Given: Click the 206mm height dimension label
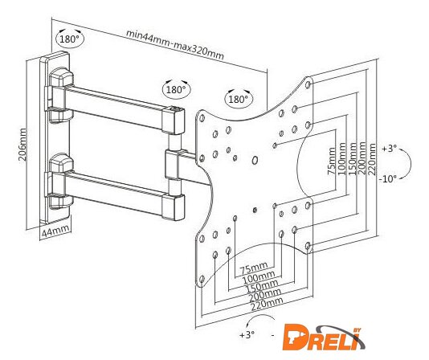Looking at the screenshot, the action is [x=23, y=145].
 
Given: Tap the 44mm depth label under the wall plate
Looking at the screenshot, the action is [x=55, y=232].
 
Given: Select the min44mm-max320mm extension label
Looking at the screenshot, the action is [x=174, y=44].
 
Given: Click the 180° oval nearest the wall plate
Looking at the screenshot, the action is [x=70, y=39].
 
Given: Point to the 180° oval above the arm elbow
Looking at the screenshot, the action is [x=177, y=89].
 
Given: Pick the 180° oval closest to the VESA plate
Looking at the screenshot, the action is [x=239, y=99].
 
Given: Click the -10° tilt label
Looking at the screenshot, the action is [x=388, y=179].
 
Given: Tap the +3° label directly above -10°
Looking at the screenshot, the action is [x=389, y=149].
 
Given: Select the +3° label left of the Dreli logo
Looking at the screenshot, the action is [x=247, y=334].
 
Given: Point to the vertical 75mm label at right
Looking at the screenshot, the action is [x=331, y=161].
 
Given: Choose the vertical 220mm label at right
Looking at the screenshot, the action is [x=372, y=160].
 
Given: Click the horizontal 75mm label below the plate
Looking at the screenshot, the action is [x=254, y=268].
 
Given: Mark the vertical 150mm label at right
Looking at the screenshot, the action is [x=352, y=158].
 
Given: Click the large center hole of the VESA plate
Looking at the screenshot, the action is [x=255, y=161].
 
